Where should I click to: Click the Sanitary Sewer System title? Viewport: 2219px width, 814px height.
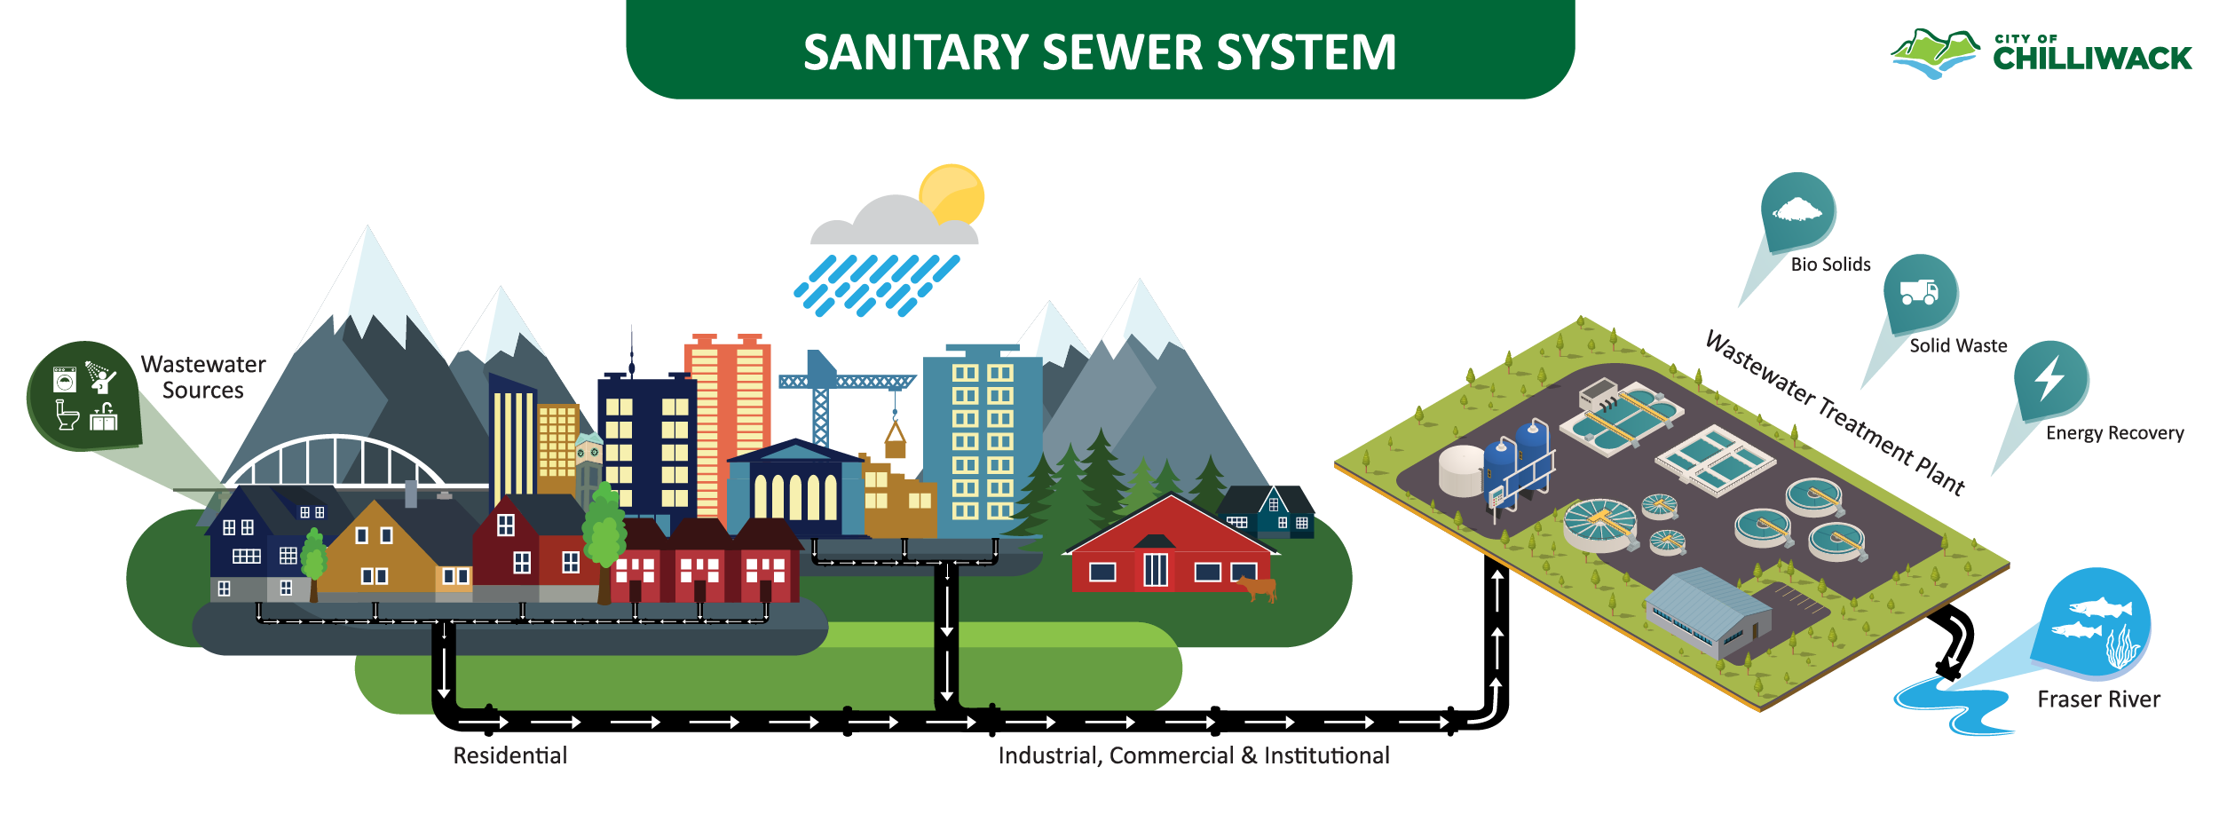coord(1099,51)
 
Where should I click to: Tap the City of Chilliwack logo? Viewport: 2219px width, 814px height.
coord(2041,54)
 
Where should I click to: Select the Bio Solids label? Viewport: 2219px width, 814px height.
coord(1830,265)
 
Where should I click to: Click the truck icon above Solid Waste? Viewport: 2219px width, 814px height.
coord(1919,292)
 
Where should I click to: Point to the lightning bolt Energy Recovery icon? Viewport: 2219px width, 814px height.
coord(2050,379)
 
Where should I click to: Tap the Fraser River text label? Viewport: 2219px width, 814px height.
coord(2098,699)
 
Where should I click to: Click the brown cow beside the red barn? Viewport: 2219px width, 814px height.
coord(1257,587)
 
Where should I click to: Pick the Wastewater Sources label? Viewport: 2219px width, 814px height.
coord(203,377)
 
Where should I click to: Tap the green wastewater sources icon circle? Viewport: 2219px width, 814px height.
coord(83,396)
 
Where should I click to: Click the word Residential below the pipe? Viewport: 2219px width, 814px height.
coord(509,755)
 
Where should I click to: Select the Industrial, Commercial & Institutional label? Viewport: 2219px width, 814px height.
coord(1193,755)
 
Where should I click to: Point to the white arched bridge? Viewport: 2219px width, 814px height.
coord(336,462)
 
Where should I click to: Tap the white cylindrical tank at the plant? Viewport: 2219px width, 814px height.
coord(1461,470)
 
